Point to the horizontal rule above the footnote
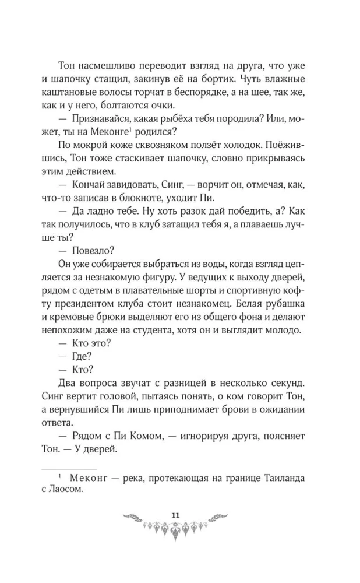point(67,469)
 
